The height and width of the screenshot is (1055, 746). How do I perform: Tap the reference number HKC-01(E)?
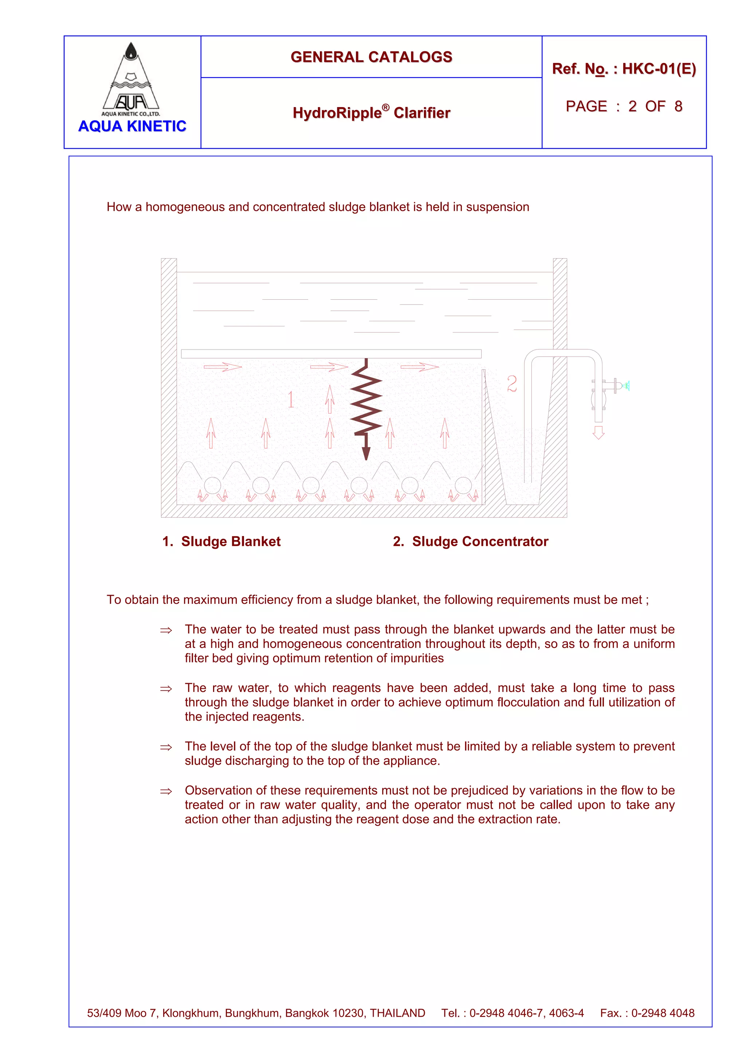pos(659,69)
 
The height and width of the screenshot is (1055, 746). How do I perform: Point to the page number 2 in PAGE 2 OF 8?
pos(632,107)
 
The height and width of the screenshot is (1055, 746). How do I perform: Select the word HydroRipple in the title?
pos(337,113)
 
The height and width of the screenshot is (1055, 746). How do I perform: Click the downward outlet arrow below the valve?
pos(598,432)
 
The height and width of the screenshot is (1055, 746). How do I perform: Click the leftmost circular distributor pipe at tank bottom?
pos(212,485)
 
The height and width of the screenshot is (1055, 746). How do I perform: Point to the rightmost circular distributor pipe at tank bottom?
pos(463,485)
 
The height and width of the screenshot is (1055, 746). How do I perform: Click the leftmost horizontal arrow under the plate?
pos(223,367)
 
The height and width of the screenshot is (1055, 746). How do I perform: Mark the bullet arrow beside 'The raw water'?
pos(166,689)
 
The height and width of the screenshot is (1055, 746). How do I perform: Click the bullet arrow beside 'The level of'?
pos(166,747)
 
